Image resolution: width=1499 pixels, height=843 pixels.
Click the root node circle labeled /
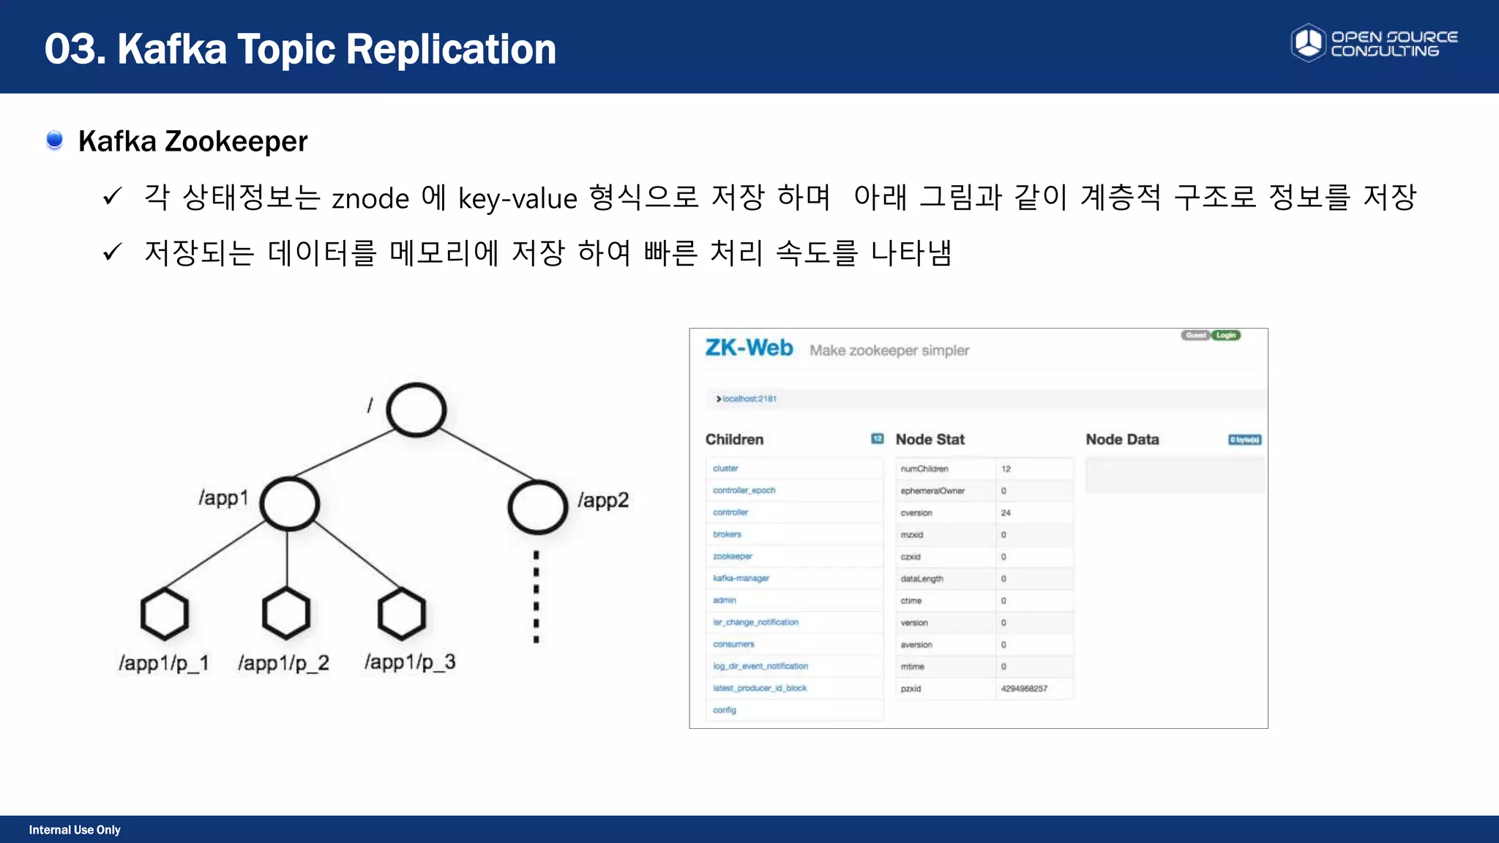click(416, 410)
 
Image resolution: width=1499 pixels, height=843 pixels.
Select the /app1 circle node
click(290, 503)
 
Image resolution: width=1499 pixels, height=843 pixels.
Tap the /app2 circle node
click(537, 506)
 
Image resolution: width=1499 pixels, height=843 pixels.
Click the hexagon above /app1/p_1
click(165, 614)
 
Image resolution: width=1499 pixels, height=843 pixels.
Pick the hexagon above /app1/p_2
click(286, 613)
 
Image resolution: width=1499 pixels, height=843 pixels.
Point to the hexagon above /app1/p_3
click(402, 613)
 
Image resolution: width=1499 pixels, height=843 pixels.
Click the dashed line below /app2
click(537, 596)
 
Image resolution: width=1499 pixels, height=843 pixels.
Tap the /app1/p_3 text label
click(410, 662)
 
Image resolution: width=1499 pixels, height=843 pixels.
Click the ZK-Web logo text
click(749, 348)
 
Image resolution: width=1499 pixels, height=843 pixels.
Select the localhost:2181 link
click(749, 399)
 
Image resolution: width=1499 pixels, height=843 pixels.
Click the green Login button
click(1226, 335)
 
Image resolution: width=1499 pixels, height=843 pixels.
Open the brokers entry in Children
click(727, 534)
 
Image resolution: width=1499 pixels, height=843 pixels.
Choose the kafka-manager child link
click(741, 578)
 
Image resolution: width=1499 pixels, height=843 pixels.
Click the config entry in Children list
click(725, 710)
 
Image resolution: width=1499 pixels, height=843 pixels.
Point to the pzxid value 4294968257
click(1024, 689)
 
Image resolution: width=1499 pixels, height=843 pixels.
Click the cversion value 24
click(1006, 513)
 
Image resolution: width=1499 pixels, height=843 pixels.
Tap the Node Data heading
click(1122, 439)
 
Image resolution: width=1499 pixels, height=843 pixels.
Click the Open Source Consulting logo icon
click(1308, 43)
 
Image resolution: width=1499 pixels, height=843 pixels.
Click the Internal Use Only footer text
click(75, 830)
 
